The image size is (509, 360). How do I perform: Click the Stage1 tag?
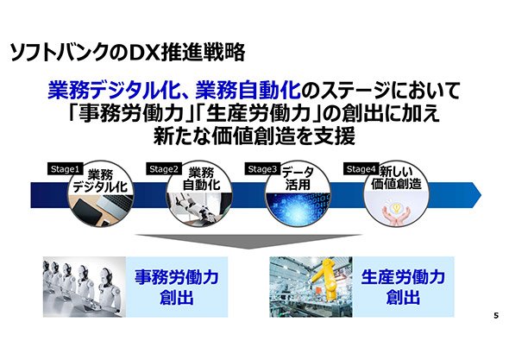[65, 169]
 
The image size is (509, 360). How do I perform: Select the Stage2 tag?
[164, 169]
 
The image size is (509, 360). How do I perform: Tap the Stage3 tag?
[262, 169]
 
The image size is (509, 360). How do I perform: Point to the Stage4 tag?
[361, 169]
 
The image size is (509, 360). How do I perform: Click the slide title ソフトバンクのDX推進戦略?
[128, 53]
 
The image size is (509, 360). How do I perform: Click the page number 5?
[496, 315]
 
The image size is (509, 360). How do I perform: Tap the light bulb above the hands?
[396, 208]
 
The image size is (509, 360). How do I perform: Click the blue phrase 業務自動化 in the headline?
[248, 91]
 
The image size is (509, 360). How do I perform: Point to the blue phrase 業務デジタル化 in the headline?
[113, 91]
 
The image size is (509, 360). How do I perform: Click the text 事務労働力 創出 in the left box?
[177, 287]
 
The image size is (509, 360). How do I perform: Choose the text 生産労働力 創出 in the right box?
[403, 287]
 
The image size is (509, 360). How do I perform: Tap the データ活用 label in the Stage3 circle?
[298, 179]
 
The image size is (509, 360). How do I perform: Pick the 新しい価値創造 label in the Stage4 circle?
[396, 178]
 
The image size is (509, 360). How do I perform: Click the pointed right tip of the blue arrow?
[481, 195]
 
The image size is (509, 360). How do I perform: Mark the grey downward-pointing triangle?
[248, 241]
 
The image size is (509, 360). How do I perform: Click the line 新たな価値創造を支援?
[255, 136]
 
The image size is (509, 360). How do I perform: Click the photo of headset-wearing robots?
[85, 287]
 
